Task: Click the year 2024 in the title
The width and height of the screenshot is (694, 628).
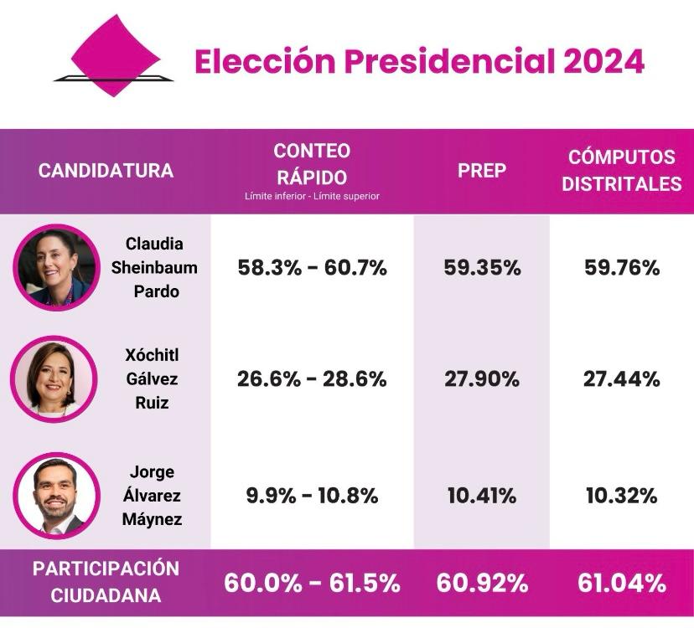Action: pyautogui.click(x=603, y=61)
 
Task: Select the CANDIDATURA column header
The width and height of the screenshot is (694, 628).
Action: pyautogui.click(x=106, y=171)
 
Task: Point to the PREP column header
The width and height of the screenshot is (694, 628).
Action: pyautogui.click(x=482, y=171)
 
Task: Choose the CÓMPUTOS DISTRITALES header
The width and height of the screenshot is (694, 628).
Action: pyautogui.click(x=621, y=171)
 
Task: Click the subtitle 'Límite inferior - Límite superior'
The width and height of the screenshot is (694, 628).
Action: pyautogui.click(x=312, y=197)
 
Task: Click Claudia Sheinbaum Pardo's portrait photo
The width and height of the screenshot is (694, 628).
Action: pyautogui.click(x=56, y=268)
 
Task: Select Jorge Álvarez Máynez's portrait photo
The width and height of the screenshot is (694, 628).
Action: pyautogui.click(x=56, y=495)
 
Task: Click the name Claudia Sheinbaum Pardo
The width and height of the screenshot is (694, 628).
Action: pyautogui.click(x=154, y=268)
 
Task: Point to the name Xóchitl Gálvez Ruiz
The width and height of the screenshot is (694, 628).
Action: pyautogui.click(x=152, y=378)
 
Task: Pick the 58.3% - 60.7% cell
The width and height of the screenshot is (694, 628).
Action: pyautogui.click(x=312, y=268)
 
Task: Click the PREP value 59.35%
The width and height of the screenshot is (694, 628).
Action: pyautogui.click(x=482, y=268)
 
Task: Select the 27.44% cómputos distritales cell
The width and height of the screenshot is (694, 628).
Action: pyautogui.click(x=621, y=378)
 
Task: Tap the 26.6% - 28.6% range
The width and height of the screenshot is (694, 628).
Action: pyautogui.click(x=312, y=378)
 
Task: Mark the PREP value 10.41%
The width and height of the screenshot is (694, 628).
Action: pyautogui.click(x=482, y=495)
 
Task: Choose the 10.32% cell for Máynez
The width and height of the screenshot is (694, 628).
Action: pyautogui.click(x=621, y=495)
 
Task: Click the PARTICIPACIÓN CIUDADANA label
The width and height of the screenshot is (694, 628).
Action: pyautogui.click(x=106, y=582)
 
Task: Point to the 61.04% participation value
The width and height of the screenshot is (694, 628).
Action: pyautogui.click(x=621, y=582)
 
